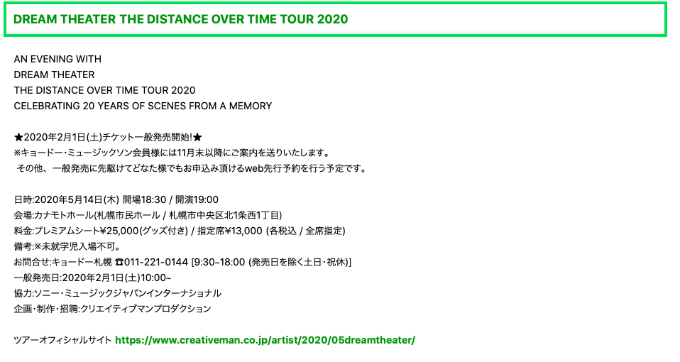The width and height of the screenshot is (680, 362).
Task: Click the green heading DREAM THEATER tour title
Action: [181, 19]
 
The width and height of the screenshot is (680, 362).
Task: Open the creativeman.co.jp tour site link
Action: [265, 340]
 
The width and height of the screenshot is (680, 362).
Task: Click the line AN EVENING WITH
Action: [57, 59]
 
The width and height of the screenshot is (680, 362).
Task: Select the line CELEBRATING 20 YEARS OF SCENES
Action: [143, 106]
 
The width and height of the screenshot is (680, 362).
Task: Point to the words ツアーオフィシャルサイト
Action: [62, 340]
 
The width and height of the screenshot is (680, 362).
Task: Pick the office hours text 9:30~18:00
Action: [218, 262]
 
